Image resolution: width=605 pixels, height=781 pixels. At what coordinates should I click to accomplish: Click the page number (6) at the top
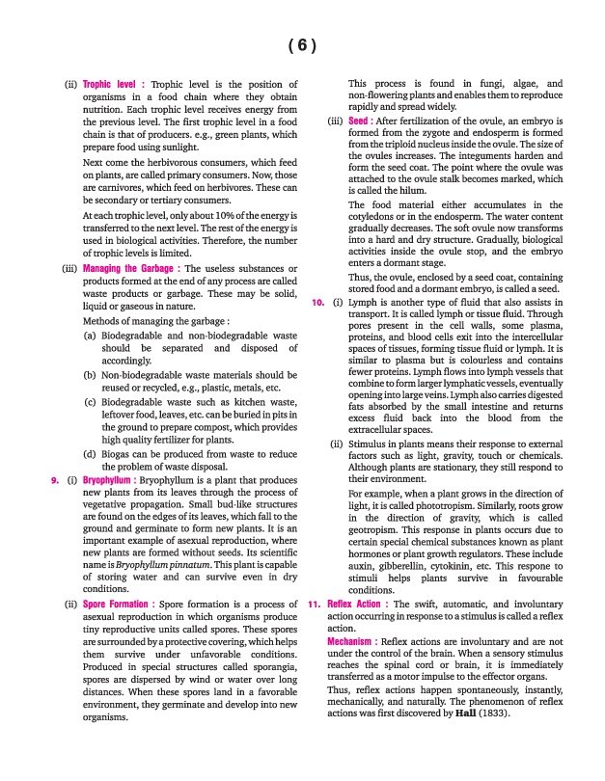click(302, 46)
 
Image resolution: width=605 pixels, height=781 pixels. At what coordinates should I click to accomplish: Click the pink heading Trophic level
click(114, 85)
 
